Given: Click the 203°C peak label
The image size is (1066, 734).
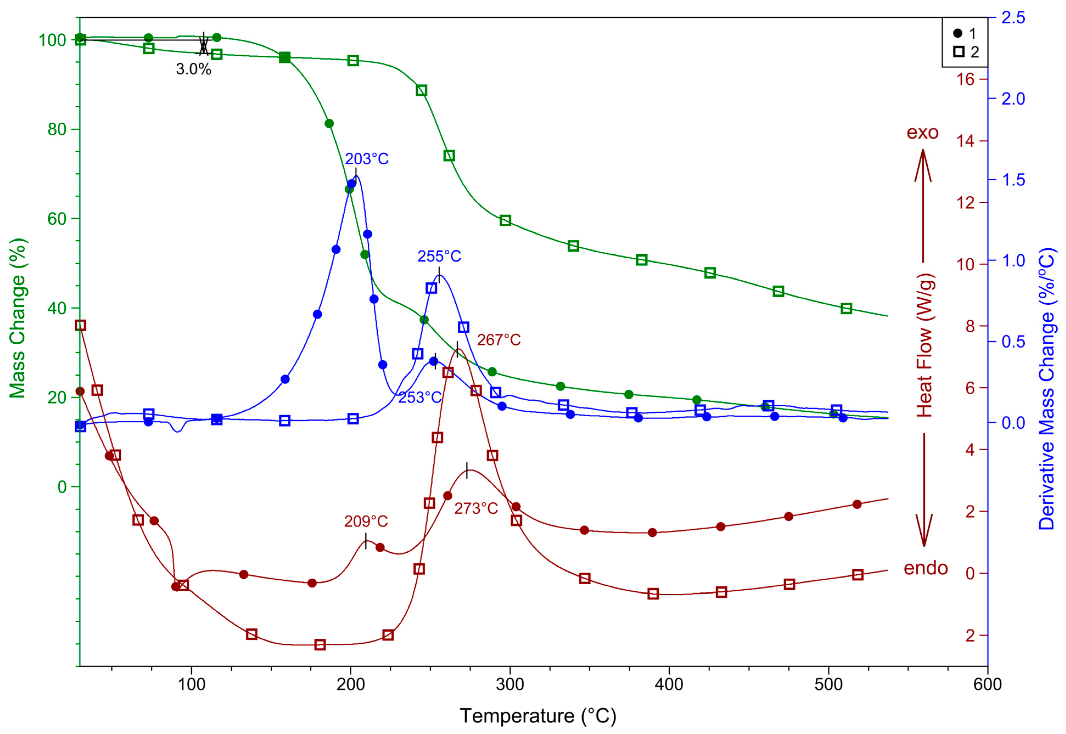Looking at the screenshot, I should pyautogui.click(x=366, y=159).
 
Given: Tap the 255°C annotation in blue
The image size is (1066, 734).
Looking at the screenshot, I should pyautogui.click(x=439, y=256).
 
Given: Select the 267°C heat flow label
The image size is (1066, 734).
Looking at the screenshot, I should pyautogui.click(x=498, y=340).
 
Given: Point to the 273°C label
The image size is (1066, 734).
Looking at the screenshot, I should pyautogui.click(x=476, y=508).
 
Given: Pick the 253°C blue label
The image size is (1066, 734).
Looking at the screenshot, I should pyautogui.click(x=419, y=397).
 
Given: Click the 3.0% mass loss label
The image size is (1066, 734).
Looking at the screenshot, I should pyautogui.click(x=193, y=69).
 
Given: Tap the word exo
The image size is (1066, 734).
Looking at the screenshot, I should pyautogui.click(x=922, y=133).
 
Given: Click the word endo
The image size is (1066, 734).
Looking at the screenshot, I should pyautogui.click(x=925, y=569).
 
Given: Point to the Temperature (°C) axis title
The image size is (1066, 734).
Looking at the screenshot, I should pyautogui.click(x=538, y=716).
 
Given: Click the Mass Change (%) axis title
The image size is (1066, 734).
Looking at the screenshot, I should pyautogui.click(x=18, y=318).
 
